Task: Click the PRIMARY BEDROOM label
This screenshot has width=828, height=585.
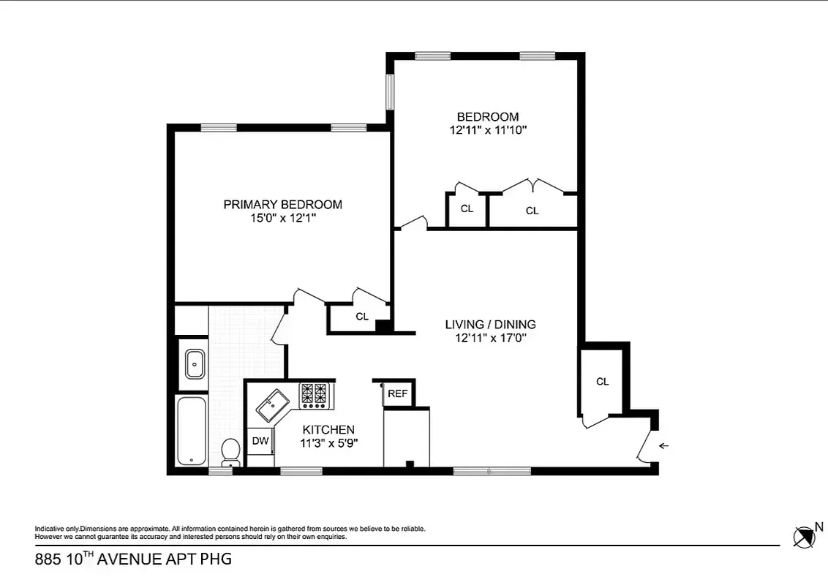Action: click(282, 205)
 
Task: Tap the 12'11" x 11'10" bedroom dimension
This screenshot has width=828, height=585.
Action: click(488, 130)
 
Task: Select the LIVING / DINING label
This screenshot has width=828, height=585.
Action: click(490, 324)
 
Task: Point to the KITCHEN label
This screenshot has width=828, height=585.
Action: click(328, 430)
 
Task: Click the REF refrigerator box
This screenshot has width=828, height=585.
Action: click(397, 393)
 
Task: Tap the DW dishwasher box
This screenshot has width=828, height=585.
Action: click(260, 441)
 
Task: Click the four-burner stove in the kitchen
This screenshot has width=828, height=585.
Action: click(316, 396)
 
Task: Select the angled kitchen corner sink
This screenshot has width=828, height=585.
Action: click(273, 404)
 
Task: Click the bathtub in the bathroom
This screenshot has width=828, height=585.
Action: click(192, 431)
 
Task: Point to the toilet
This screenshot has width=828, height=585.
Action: click(231, 451)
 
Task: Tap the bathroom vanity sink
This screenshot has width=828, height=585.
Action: click(195, 363)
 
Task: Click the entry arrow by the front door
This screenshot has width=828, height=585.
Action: click(663, 445)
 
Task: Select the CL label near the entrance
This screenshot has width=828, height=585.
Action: click(602, 382)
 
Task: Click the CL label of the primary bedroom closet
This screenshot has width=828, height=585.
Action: click(361, 317)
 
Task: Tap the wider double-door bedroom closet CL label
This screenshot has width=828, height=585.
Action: click(532, 211)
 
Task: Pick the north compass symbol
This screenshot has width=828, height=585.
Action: click(805, 537)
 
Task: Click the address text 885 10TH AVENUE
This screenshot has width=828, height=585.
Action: click(133, 560)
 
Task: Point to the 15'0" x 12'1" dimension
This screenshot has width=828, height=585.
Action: click(282, 218)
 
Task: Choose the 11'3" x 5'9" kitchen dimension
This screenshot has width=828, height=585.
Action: click(328, 442)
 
